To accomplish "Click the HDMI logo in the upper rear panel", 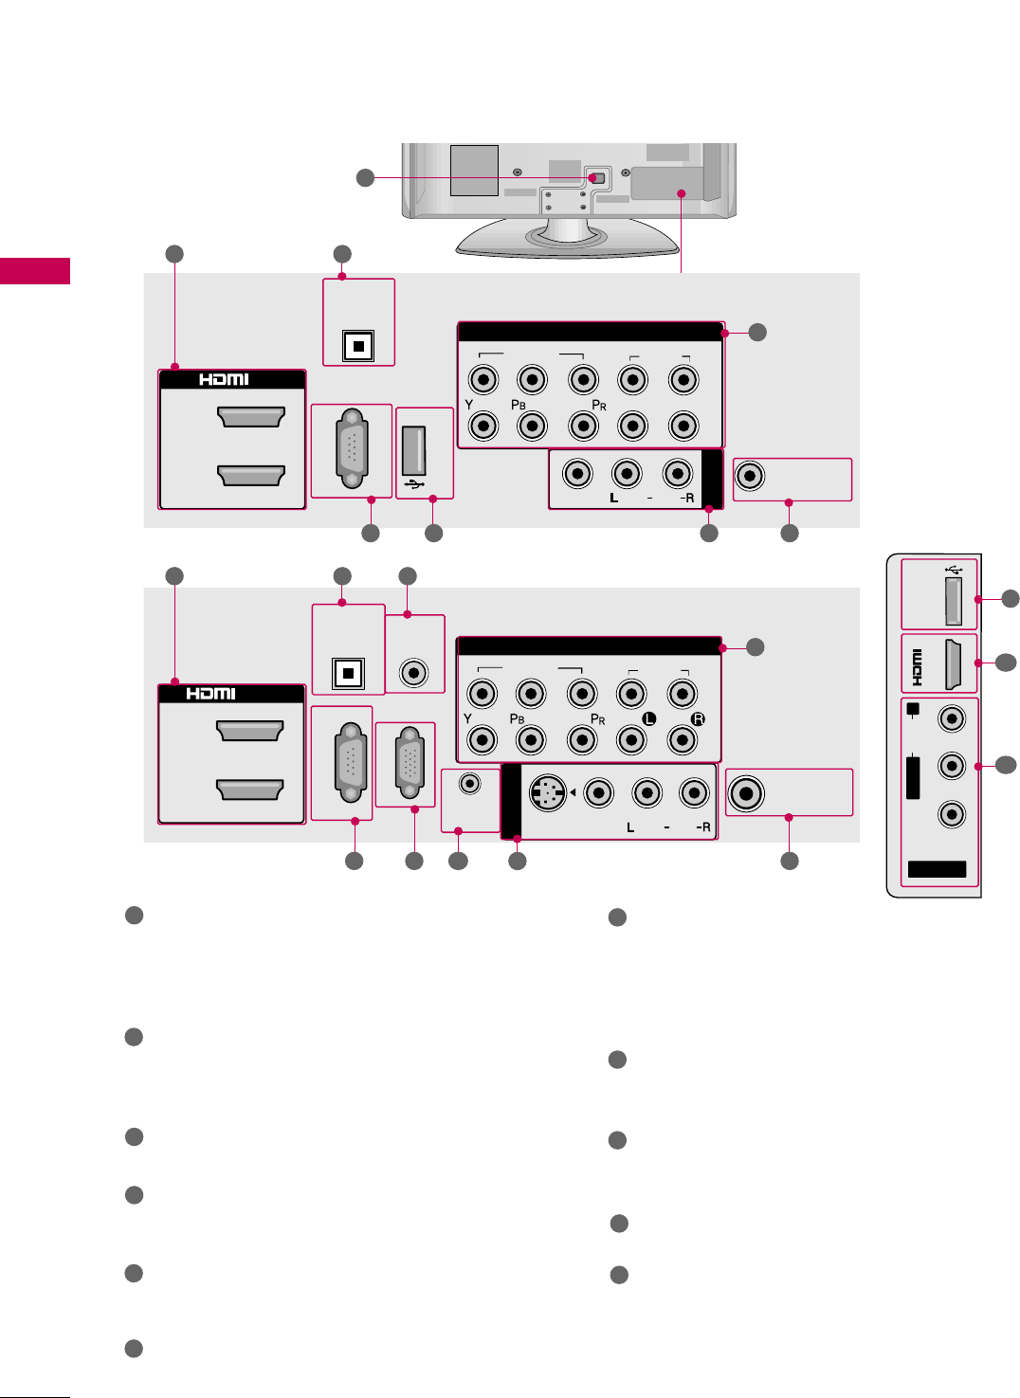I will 224,379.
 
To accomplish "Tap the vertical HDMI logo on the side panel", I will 917,666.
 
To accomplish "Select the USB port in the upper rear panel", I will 413,450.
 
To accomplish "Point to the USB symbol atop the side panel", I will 954,570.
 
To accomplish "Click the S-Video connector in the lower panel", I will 546,792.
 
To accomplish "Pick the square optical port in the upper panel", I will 357,346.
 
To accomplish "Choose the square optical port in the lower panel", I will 349,673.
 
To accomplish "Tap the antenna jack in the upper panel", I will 750,475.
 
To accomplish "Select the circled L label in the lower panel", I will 649,718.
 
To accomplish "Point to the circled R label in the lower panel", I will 698,718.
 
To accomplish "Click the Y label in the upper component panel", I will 469,405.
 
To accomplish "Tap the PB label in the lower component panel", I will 517,719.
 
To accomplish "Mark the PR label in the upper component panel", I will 599,405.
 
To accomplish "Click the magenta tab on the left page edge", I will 35,271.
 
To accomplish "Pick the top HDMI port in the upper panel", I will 251,417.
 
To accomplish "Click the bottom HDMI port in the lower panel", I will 250,790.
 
